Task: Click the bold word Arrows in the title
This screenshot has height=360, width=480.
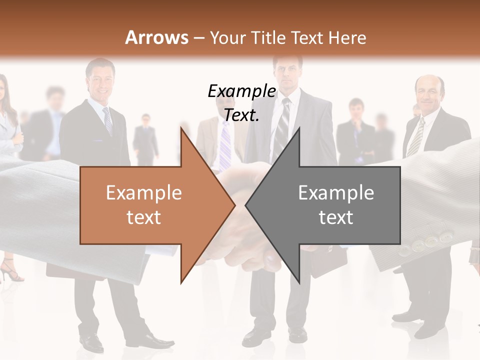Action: [x=157, y=37]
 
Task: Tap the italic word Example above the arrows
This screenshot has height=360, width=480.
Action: [x=241, y=91]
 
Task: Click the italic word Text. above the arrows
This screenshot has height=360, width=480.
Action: [x=241, y=115]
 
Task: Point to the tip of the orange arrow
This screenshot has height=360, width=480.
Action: [x=234, y=204]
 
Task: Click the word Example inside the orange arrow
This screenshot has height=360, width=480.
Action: [x=144, y=192]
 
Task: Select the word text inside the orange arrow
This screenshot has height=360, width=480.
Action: [x=144, y=217]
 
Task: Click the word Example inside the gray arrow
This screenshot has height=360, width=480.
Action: [x=336, y=192]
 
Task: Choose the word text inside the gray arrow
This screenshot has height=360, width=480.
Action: [x=336, y=217]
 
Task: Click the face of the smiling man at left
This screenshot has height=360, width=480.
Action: [x=100, y=80]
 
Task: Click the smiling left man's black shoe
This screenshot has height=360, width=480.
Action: [x=92, y=342]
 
